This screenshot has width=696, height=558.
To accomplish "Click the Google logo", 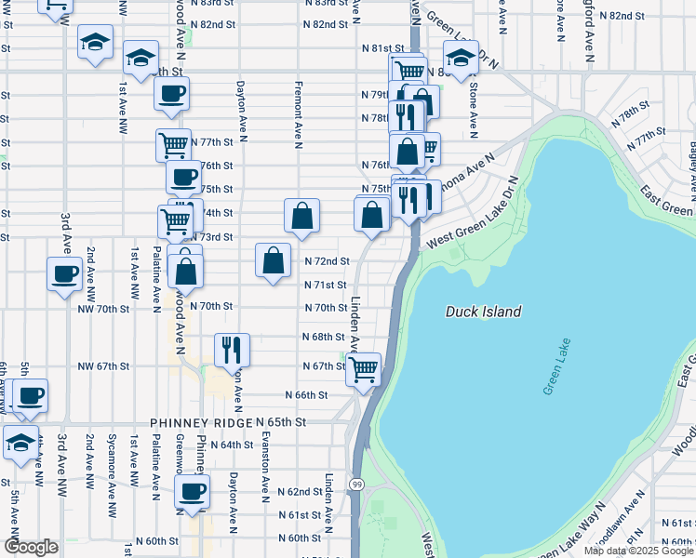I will [32, 547].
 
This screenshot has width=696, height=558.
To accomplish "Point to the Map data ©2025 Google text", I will [638, 551].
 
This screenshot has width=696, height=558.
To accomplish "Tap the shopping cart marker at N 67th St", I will [363, 368].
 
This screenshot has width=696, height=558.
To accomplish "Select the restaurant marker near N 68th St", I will [232, 349].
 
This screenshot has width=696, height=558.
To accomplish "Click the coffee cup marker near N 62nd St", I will [193, 491].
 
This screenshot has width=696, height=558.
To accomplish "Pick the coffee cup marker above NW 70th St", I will [65, 273].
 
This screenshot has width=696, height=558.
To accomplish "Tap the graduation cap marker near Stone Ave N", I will [461, 58].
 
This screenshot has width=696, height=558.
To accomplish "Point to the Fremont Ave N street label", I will [299, 119].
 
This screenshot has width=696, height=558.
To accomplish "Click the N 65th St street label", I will [281, 422].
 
